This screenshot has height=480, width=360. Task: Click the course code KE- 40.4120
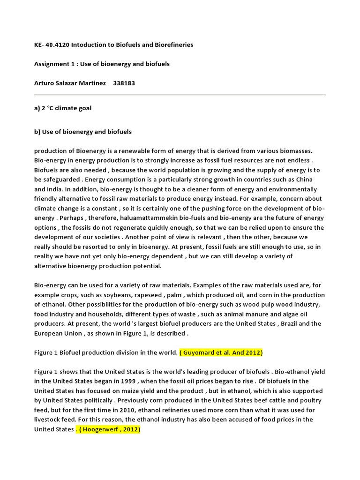click(x=52, y=45)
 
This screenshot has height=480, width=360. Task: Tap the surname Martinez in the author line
click(x=90, y=83)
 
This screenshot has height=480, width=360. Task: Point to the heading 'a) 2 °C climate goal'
click(x=63, y=108)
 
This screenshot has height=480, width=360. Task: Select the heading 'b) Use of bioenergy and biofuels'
click(x=83, y=132)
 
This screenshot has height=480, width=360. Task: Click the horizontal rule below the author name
click(x=180, y=95)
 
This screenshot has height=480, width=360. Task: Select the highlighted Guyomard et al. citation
click(x=222, y=352)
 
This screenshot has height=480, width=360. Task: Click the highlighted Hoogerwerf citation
click(x=108, y=429)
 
